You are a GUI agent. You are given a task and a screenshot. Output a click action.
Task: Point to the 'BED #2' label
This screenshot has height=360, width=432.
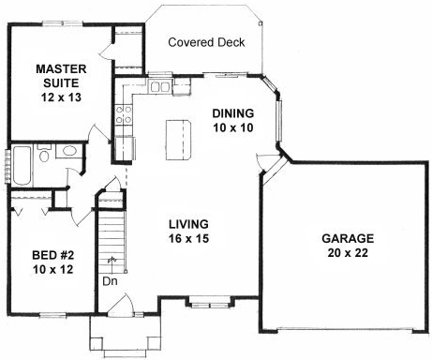pos(49,254)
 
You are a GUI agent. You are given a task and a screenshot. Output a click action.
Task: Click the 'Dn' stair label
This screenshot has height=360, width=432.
pos(110,279)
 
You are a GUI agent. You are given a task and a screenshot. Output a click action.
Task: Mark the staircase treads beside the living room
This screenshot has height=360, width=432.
pos(112,238)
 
